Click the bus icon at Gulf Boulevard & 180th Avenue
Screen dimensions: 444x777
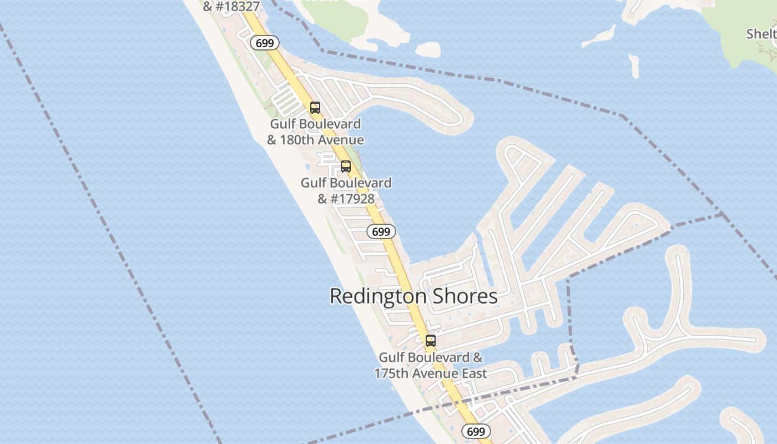(x=315, y=108)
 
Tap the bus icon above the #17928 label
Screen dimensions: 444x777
(x=346, y=167)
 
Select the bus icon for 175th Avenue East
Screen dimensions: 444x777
(x=431, y=341)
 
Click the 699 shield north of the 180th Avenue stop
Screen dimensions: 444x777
(x=264, y=43)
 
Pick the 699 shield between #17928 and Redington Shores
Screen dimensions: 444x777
(x=381, y=231)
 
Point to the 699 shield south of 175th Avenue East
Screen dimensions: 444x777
(x=476, y=431)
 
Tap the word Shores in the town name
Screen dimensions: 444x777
(x=468, y=296)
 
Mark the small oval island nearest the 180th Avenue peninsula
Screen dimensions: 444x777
(x=427, y=50)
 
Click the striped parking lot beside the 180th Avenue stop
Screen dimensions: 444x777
(x=285, y=102)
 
